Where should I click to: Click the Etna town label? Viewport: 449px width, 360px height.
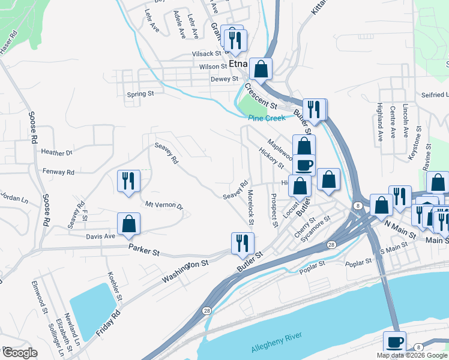(238, 63)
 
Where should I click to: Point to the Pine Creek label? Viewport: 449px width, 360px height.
(267, 118)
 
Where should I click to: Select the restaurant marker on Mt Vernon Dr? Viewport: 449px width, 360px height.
(128, 182)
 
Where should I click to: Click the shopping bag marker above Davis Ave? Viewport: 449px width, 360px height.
(128, 225)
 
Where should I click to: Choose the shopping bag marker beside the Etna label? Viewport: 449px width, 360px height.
(261, 70)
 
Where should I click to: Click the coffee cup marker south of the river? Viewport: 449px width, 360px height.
(394, 343)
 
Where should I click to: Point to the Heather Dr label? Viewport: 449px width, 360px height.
(56, 153)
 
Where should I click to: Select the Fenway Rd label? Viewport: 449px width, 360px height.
(58, 172)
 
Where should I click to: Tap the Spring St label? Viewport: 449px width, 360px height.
(141, 94)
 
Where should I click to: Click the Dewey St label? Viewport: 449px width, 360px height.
(224, 79)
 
